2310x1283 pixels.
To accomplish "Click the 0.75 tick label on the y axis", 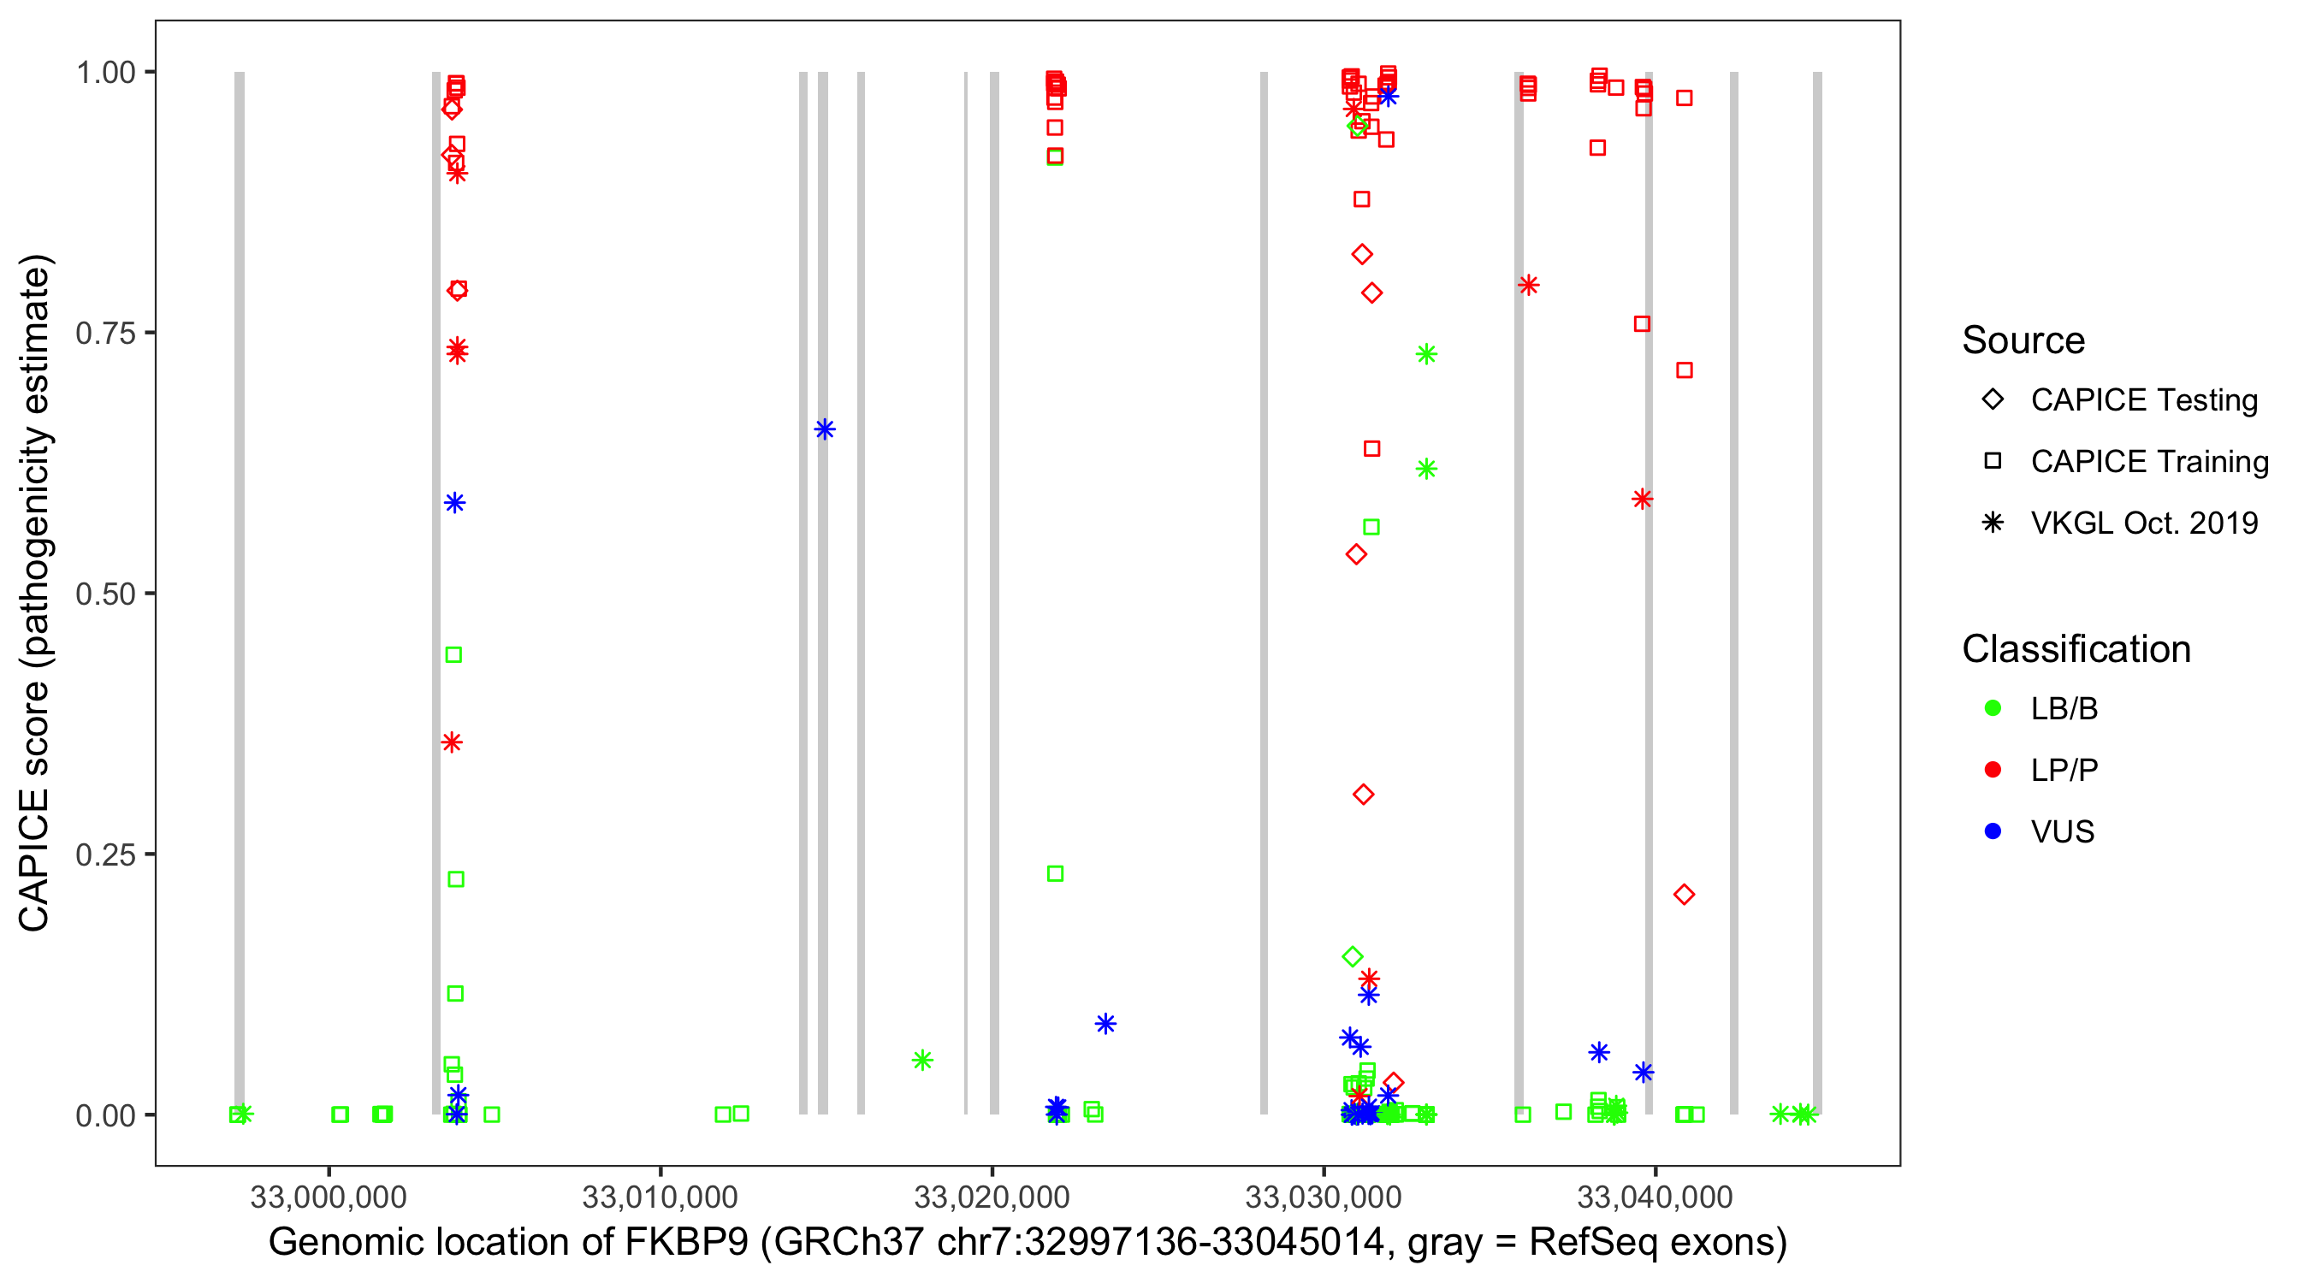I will (x=105, y=333).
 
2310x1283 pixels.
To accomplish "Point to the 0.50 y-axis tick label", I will (x=105, y=594).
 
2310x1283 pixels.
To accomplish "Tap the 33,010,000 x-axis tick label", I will (x=660, y=1196).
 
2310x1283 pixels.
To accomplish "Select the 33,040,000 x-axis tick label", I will (x=1655, y=1196).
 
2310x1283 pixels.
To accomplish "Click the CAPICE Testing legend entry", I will (x=2143, y=400).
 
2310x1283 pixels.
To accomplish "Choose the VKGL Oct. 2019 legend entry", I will (x=2143, y=523).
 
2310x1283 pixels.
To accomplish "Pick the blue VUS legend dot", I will (x=1993, y=831).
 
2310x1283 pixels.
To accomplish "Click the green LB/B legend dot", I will (x=1993, y=708).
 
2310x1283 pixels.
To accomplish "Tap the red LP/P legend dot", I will (x=1993, y=769).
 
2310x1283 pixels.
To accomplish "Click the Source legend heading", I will (x=2023, y=340).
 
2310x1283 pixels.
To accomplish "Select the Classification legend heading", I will (x=2076, y=649).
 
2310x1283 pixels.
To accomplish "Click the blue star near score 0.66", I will (x=824, y=429).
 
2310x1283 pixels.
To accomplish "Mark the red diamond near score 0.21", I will (x=1683, y=894).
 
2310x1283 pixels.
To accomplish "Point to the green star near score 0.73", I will (x=1426, y=354).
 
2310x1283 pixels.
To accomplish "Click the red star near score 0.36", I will (x=452, y=742).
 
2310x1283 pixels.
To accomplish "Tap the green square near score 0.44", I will (x=453, y=654).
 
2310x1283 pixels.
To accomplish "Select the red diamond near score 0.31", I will (x=1363, y=795).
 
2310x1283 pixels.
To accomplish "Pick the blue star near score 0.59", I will (x=454, y=503).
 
